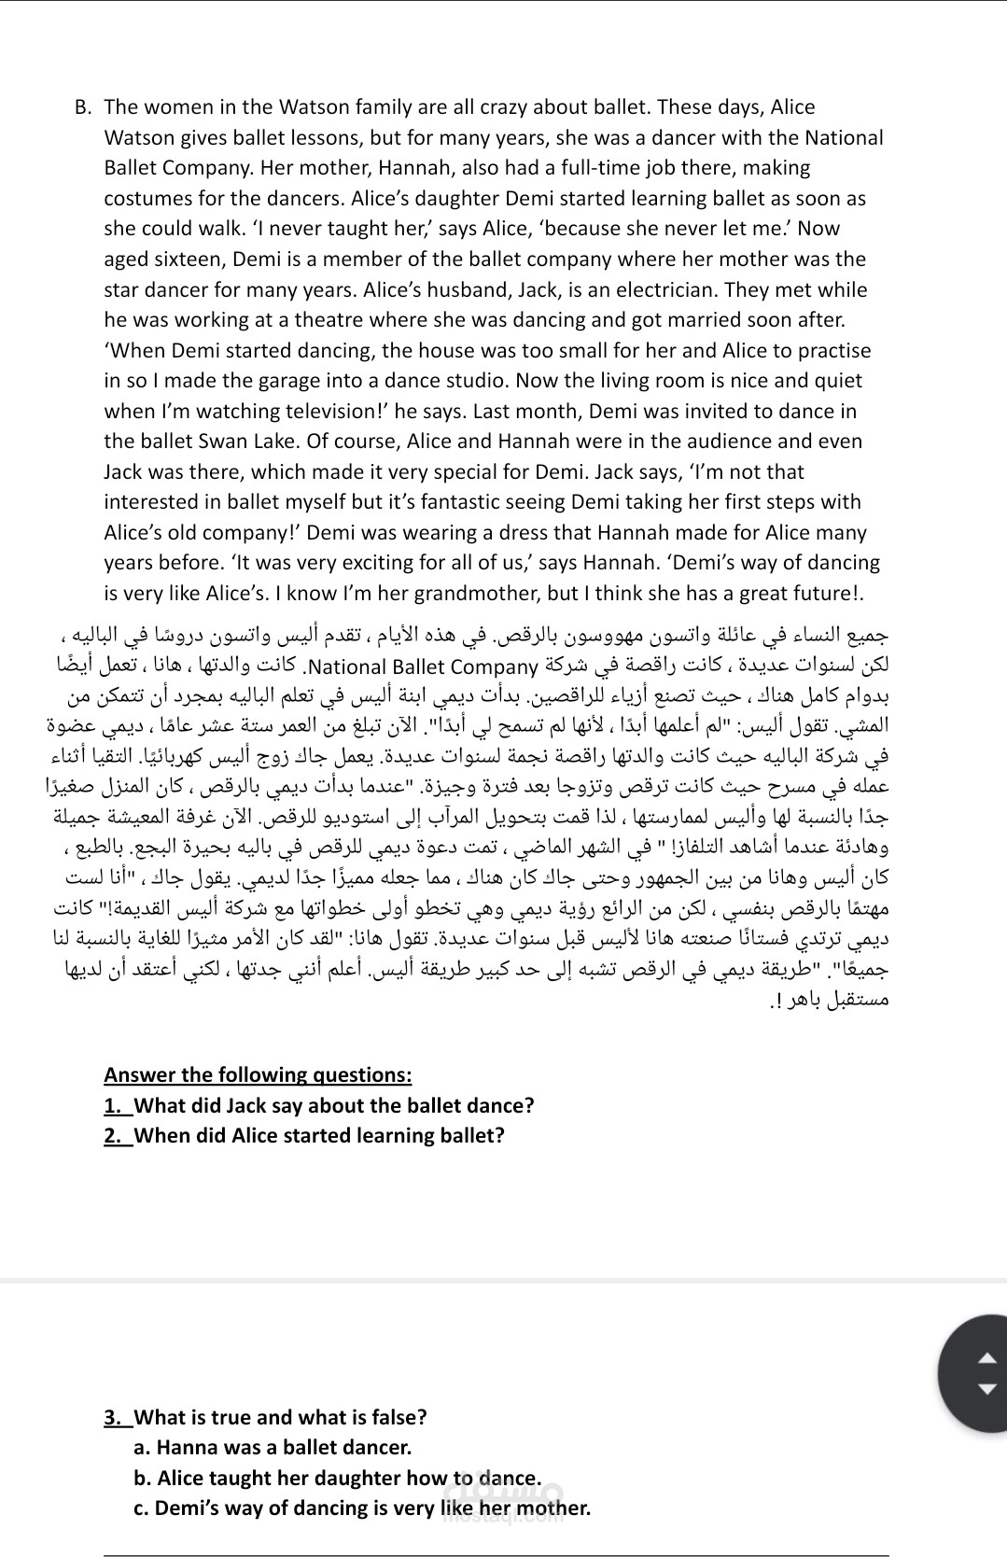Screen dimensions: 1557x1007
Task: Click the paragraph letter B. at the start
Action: [84, 107]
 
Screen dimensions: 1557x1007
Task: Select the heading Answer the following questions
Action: [258, 1074]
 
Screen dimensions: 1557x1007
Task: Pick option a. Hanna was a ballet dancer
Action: [273, 1448]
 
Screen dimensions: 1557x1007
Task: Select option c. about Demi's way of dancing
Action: [362, 1508]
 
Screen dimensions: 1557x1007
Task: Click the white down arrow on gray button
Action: [990, 1388]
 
